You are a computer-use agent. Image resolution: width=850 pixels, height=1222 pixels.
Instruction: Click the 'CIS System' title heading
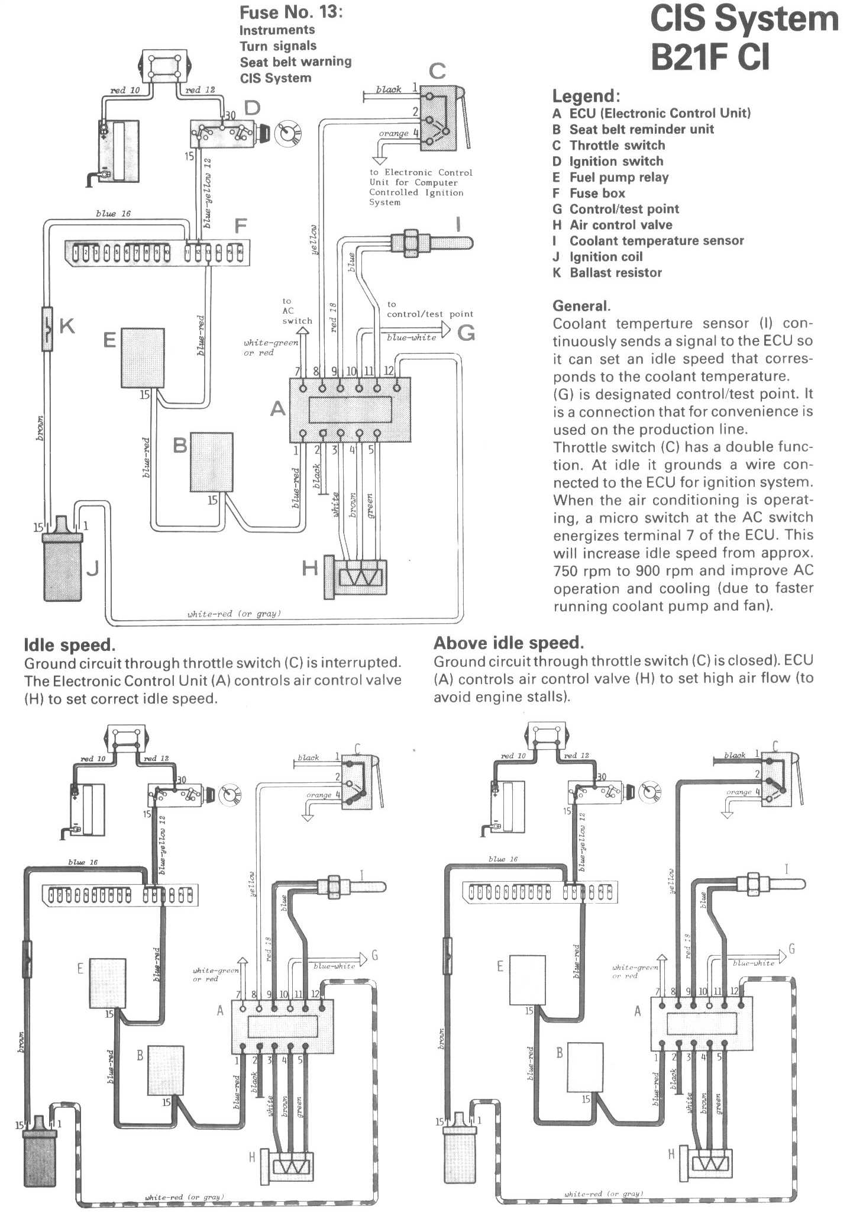tap(744, 20)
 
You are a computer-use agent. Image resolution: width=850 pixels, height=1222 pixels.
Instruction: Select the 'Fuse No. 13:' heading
tap(290, 12)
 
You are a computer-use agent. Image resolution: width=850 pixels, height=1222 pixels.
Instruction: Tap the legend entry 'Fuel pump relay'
tap(618, 177)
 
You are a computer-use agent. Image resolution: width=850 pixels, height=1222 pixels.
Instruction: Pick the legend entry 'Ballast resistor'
tap(615, 273)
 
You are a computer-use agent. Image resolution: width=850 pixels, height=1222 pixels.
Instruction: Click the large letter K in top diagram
tap(67, 325)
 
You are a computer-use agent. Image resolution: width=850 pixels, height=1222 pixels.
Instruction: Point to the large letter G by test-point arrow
tap(466, 333)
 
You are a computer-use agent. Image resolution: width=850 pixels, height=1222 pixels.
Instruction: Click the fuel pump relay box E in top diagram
tap(142, 357)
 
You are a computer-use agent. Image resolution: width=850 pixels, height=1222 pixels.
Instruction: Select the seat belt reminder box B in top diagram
tap(211, 462)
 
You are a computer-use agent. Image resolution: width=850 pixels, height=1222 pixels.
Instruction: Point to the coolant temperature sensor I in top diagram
tap(432, 243)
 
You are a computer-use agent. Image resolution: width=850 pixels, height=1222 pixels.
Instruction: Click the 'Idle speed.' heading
tap(69, 645)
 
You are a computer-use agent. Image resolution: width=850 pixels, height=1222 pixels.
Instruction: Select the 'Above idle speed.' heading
tap(509, 643)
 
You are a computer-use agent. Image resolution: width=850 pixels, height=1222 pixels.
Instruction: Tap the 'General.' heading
tap(581, 306)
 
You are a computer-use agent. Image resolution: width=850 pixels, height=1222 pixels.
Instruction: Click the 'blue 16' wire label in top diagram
tap(113, 214)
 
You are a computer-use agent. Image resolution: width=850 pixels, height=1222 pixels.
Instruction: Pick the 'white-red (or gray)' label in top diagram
tap(234, 614)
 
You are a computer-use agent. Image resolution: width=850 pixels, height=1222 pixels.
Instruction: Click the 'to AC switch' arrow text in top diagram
tap(296, 311)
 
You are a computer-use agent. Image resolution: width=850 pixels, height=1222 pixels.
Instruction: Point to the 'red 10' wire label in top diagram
tap(125, 91)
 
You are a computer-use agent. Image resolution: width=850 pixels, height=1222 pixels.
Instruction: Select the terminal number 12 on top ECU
tap(389, 371)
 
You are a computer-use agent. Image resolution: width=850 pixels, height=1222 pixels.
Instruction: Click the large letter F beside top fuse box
tap(240, 226)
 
